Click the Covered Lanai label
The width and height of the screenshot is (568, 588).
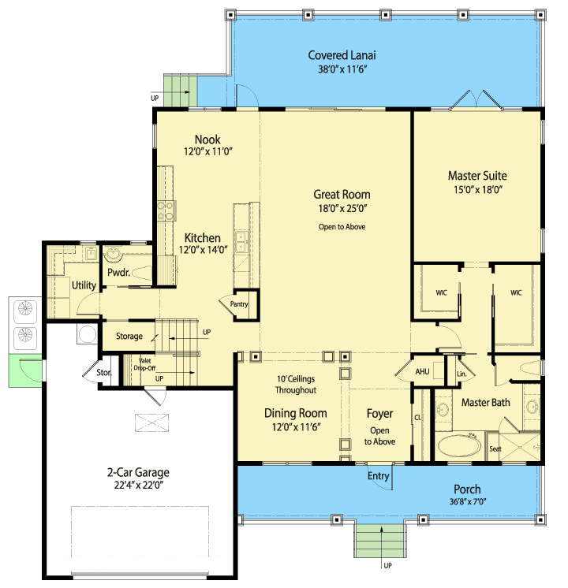click(342, 55)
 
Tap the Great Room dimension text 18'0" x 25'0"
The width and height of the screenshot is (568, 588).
click(342, 208)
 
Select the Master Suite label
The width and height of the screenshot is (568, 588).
click(477, 176)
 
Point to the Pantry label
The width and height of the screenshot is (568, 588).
click(239, 304)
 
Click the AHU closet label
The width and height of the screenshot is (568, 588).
click(422, 371)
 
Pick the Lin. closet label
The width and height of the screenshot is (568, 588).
click(461, 374)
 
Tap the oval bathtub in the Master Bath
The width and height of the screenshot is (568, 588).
click(459, 445)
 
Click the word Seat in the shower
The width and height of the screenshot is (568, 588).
click(495, 448)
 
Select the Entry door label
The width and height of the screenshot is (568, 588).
click(378, 476)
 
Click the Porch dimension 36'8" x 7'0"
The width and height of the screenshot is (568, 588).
click(467, 501)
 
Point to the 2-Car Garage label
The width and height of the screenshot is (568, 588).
click(138, 472)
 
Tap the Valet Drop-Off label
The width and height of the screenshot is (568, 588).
click(144, 364)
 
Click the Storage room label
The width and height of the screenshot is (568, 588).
click(129, 336)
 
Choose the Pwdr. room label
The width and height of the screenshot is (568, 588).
click(118, 272)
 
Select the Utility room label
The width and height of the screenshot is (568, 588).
click(84, 285)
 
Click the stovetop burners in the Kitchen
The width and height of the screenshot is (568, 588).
click(166, 211)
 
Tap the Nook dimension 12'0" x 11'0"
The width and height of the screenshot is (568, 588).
click(208, 151)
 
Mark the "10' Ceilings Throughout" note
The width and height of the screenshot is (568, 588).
click(296, 385)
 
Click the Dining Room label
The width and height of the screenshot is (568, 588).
click(296, 413)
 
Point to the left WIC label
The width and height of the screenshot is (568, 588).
click(441, 293)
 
